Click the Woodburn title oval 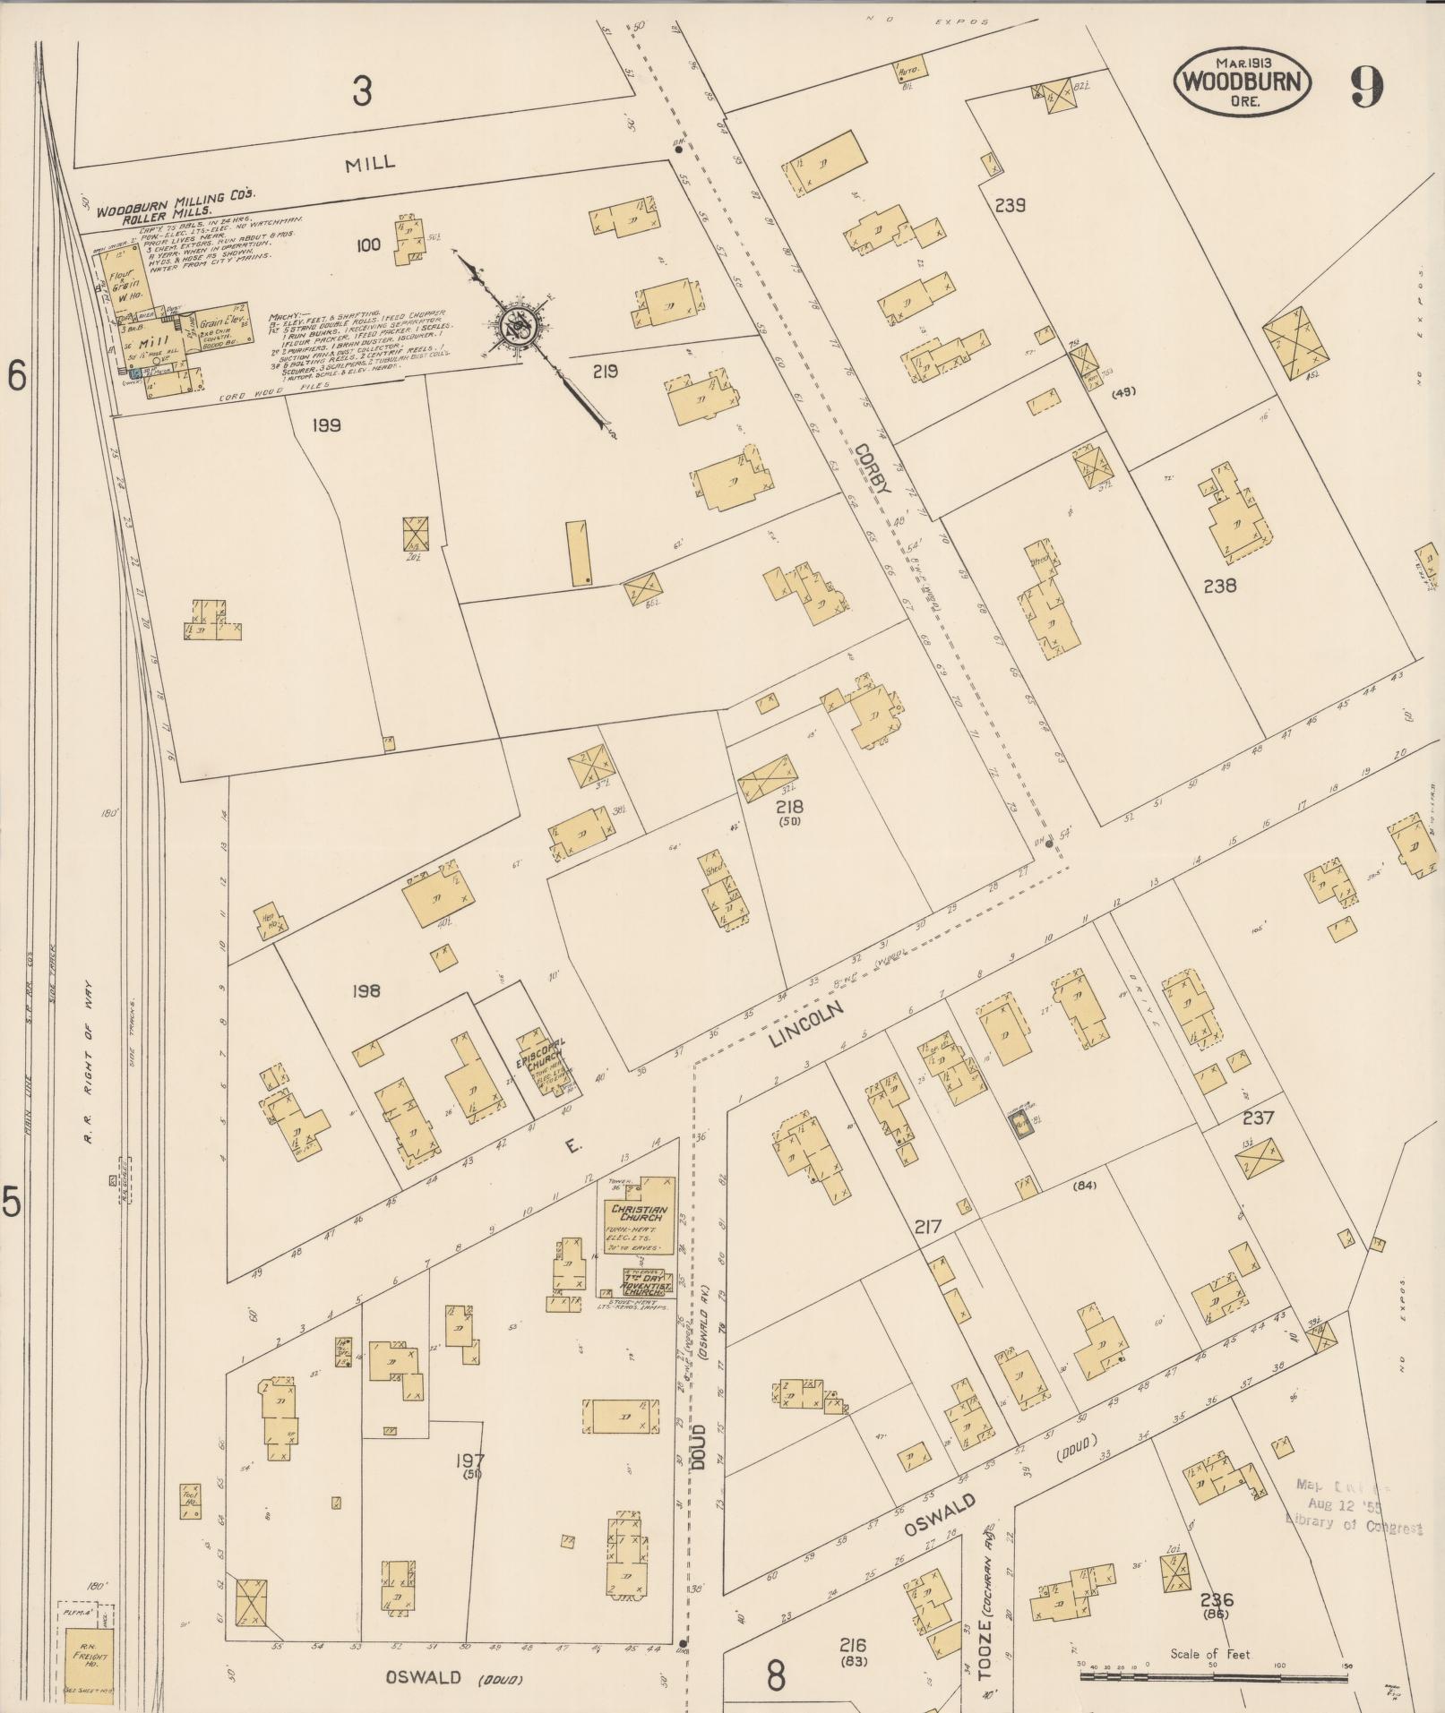click(1243, 81)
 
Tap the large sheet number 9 click(1367, 86)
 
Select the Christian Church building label click(636, 1213)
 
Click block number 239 click(1010, 205)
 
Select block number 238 click(1219, 586)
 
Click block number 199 click(326, 425)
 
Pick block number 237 click(1258, 1118)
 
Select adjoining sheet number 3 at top click(361, 91)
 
